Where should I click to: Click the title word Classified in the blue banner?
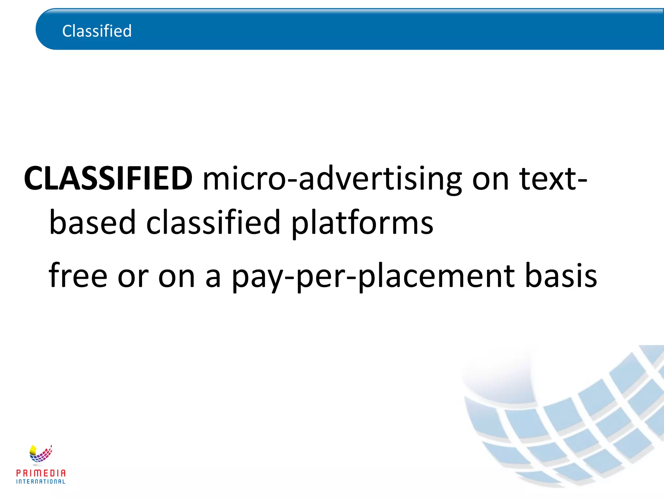point(97,31)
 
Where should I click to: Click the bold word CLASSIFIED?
point(108,179)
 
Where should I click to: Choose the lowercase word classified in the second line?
point(213,222)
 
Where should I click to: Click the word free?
point(78,276)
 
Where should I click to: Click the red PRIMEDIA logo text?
point(41,473)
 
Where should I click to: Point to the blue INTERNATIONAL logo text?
point(41,482)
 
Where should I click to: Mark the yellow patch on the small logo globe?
point(33,450)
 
